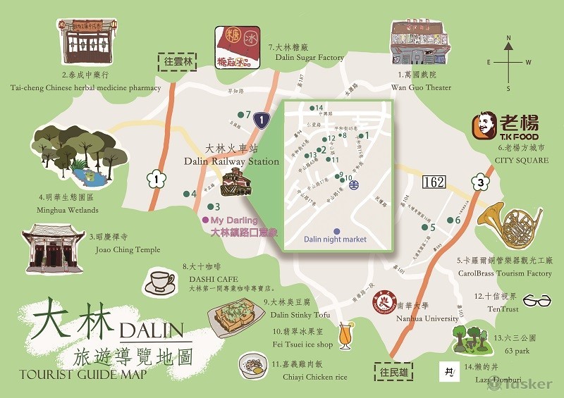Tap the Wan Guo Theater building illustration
420,42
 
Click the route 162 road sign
434,182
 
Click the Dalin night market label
335,240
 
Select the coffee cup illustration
159,282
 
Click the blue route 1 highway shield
262,120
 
